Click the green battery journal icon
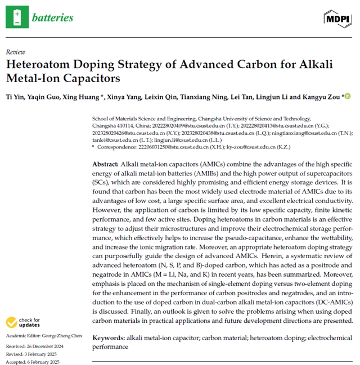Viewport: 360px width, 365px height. [17, 17]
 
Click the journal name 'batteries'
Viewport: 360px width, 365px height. [52, 17]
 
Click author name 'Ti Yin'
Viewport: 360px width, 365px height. [15, 97]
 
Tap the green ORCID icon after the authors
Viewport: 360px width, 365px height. [348, 96]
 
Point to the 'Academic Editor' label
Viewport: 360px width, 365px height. [24, 336]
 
